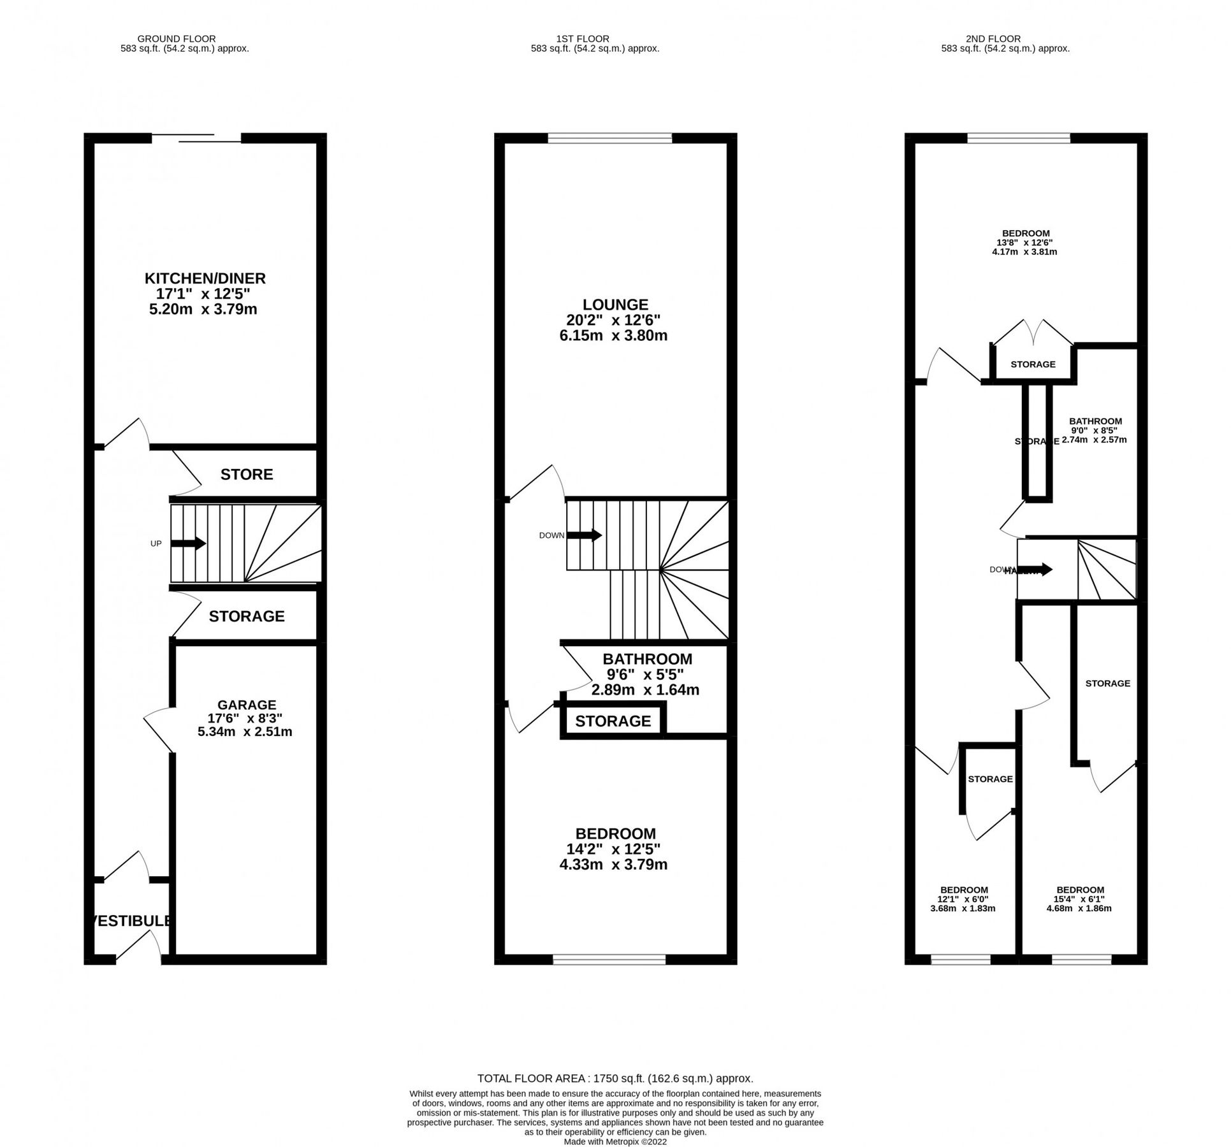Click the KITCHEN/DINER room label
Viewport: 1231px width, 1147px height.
205,279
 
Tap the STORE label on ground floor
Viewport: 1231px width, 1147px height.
247,475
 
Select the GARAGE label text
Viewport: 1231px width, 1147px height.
247,705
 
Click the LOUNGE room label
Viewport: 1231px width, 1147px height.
615,305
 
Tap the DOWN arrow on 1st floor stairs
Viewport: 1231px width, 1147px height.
584,536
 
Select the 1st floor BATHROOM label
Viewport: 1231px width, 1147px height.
647,660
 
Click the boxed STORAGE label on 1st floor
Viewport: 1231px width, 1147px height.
613,721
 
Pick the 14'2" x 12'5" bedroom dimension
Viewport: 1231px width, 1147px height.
613,849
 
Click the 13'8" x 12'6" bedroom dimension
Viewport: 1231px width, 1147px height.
1025,243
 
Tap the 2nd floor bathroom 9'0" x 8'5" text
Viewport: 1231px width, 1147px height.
1095,431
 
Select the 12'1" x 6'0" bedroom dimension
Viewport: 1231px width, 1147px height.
964,900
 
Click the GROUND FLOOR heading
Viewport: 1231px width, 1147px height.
177,39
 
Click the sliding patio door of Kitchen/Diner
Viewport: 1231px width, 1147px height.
196,138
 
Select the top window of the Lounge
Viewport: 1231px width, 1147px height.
609,138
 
